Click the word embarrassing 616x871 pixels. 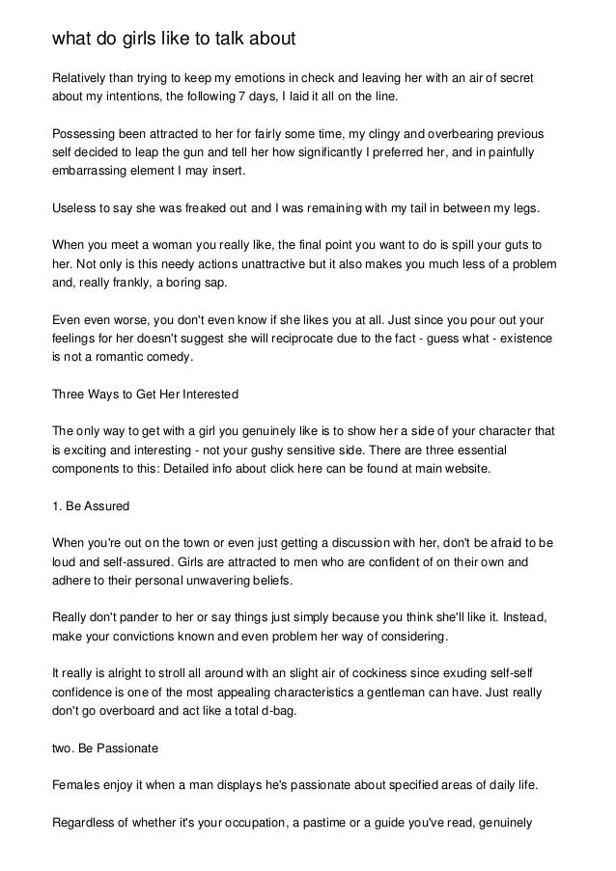(95, 175)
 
